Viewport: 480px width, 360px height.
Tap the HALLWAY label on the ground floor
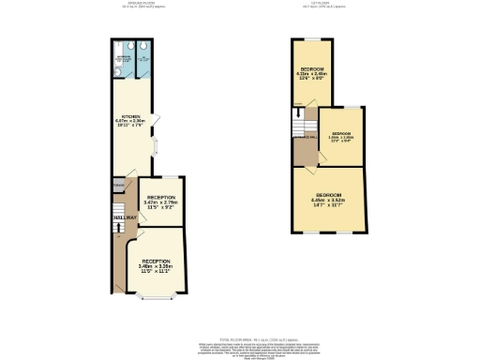coord(125,217)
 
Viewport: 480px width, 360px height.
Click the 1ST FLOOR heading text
coord(319,3)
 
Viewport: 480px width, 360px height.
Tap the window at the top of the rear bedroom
coord(310,38)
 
